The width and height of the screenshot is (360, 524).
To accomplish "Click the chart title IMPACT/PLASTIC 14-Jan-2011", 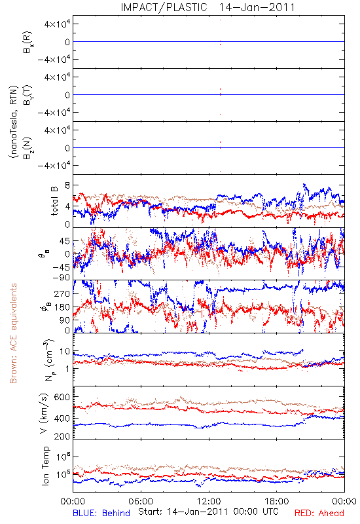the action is pyautogui.click(x=207, y=7).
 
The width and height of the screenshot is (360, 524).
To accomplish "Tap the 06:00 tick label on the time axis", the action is pyautogui.click(x=141, y=501).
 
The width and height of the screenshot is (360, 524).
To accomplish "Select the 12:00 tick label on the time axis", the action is pyautogui.click(x=209, y=501).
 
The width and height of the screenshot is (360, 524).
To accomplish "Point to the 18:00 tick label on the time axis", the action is pyautogui.click(x=277, y=501).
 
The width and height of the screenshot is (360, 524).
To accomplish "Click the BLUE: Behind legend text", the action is pyautogui.click(x=101, y=513).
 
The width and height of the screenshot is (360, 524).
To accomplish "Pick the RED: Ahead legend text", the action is pyautogui.click(x=319, y=513).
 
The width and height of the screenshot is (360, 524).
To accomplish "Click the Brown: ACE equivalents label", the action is pyautogui.click(x=13, y=333).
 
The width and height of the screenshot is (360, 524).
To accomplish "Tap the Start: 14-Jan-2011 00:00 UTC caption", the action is pyautogui.click(x=208, y=512).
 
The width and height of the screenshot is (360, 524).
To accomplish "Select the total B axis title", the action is pyautogui.click(x=54, y=201).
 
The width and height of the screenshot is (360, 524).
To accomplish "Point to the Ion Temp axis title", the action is pyautogui.click(x=45, y=466).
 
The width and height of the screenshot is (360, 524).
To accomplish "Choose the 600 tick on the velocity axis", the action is pyautogui.click(x=62, y=397).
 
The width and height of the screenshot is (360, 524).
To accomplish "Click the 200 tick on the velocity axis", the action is pyautogui.click(x=62, y=436).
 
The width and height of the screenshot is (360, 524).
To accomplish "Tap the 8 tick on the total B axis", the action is pyautogui.click(x=67, y=185).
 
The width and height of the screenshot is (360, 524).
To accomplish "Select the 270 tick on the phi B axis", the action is pyautogui.click(x=62, y=293).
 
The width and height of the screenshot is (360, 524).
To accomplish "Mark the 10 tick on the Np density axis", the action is pyautogui.click(x=65, y=352).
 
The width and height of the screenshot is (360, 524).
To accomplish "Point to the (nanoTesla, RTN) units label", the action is pyautogui.click(x=13, y=122).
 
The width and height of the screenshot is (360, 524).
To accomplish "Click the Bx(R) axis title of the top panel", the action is pyautogui.click(x=27, y=42).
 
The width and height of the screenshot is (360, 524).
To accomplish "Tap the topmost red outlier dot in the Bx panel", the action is pyautogui.click(x=220, y=20).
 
